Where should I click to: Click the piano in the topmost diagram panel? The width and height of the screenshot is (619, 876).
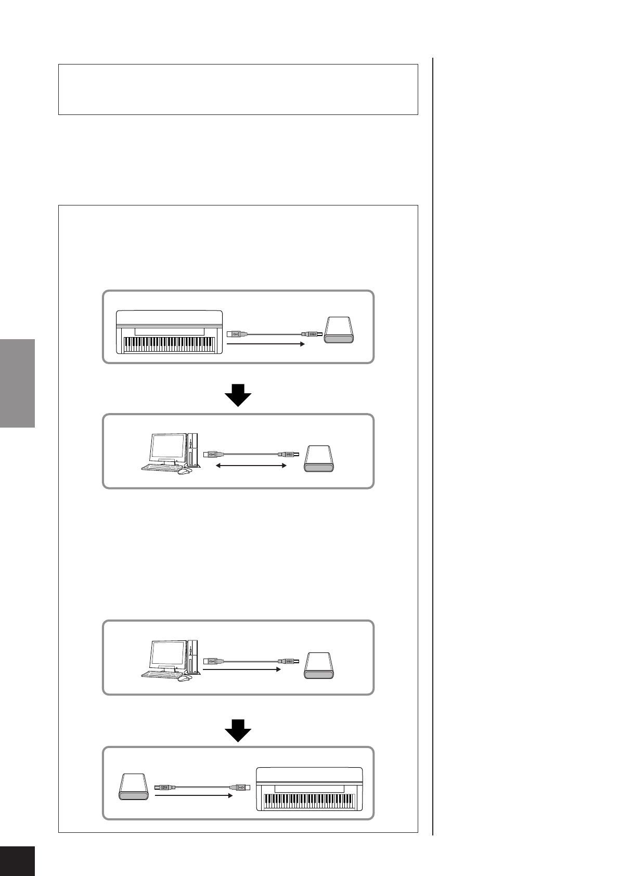tap(170, 332)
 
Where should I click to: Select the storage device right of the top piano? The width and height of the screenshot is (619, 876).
tap(339, 330)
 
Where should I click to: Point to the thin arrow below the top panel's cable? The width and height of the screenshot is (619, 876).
tap(265, 343)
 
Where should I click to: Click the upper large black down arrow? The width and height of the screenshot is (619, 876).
tap(238, 395)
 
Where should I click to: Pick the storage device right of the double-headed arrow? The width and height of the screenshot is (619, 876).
tap(318, 458)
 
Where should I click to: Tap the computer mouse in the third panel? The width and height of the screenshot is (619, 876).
tap(183, 678)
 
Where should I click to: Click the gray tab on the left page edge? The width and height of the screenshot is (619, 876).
tap(17, 383)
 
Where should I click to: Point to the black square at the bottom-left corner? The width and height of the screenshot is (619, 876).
tap(17, 861)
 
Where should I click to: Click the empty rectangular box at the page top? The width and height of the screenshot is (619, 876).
tap(238, 89)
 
